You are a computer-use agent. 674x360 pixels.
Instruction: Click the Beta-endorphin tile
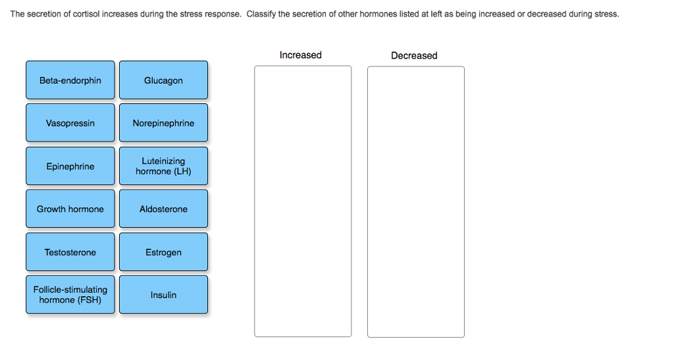70,80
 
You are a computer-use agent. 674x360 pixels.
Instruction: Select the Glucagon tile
163,80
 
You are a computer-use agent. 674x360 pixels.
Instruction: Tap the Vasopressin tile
70,123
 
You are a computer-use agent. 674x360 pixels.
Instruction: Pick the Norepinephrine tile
163,123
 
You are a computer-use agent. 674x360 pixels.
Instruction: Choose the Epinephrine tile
70,167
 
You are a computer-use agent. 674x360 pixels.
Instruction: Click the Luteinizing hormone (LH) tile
163,167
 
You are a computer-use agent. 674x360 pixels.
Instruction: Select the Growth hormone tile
70,209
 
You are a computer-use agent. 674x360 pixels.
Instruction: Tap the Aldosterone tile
163,209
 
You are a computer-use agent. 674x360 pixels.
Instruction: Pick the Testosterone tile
70,252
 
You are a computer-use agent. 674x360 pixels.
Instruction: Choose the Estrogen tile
163,252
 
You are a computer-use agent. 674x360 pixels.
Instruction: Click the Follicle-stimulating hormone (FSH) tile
70,295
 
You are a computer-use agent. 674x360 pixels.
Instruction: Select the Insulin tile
163,295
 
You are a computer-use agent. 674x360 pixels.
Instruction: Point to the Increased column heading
300,55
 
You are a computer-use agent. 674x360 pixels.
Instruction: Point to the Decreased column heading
414,55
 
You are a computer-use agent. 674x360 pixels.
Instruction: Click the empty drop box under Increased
303,201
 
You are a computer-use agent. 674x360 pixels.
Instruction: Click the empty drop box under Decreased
416,201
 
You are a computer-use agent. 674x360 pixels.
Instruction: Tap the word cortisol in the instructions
86,14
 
